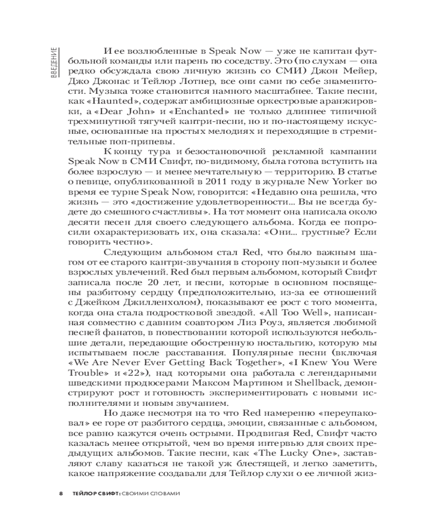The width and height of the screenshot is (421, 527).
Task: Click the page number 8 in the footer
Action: (61, 493)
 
